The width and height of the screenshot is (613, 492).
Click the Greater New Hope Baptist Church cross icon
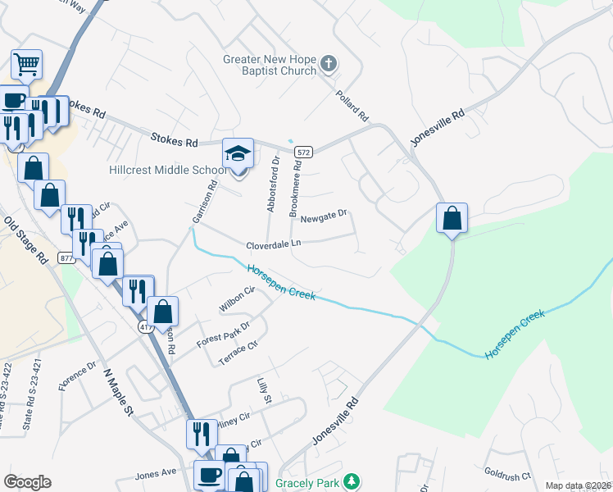(x=329, y=63)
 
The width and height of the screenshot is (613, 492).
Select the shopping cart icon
(x=26, y=63)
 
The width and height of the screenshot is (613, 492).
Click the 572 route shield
(x=303, y=153)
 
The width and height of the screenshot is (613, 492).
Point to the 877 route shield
(x=67, y=258)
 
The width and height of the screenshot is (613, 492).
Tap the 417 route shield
(x=146, y=327)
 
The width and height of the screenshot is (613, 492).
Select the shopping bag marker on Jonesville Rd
(x=452, y=219)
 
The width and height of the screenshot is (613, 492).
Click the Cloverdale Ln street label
(x=274, y=244)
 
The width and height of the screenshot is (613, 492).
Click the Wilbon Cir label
(x=238, y=299)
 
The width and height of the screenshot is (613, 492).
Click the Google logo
(x=27, y=482)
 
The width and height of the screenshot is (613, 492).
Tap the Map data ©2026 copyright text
(x=578, y=485)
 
